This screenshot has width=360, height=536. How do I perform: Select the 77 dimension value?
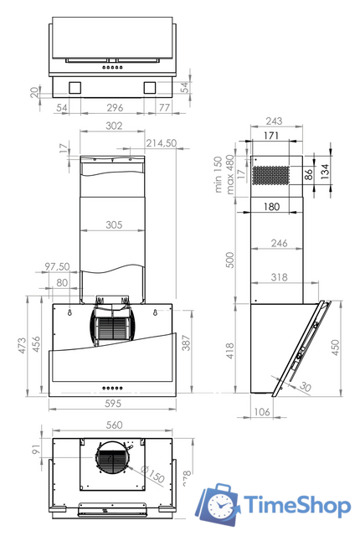(163, 107)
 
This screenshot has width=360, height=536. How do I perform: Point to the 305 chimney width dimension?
(114, 224)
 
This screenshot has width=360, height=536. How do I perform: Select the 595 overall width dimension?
(114, 404)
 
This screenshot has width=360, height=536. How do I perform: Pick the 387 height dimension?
(186, 343)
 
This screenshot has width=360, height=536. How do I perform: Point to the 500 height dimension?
(229, 260)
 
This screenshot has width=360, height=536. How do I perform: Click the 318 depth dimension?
(282, 277)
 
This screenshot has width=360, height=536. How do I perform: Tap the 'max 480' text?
(229, 173)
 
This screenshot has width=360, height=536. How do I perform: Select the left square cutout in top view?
(75, 86)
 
